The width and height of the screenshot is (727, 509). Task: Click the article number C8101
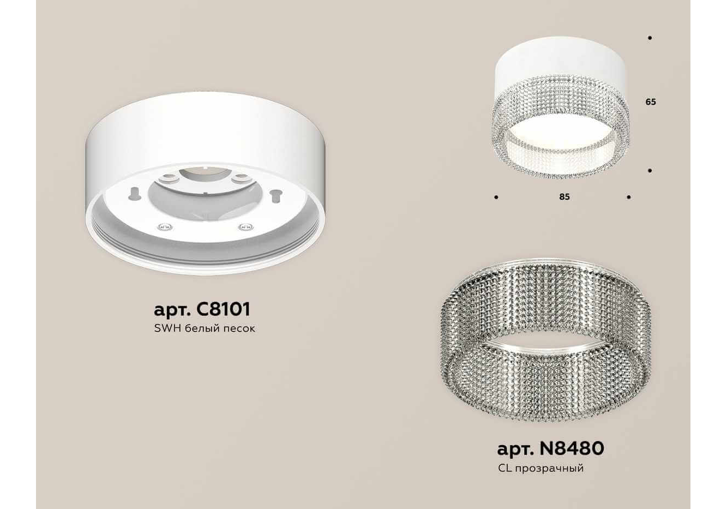[224, 309]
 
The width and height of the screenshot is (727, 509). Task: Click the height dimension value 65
[651, 102]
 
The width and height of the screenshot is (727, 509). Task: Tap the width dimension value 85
[564, 197]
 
